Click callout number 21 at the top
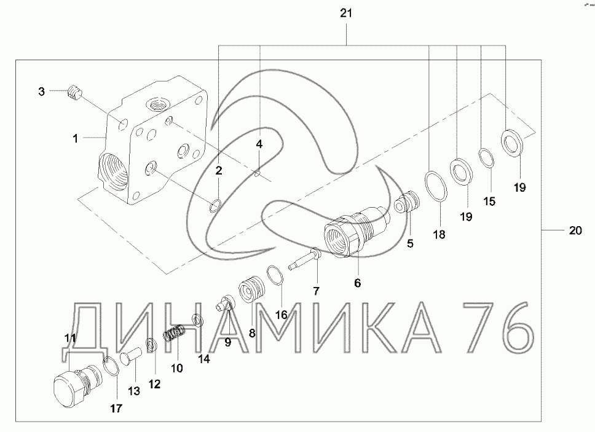(x=346, y=14)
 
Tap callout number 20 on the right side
(x=575, y=230)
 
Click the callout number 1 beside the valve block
(x=75, y=139)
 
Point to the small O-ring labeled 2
(x=215, y=205)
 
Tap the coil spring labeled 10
(x=175, y=333)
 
